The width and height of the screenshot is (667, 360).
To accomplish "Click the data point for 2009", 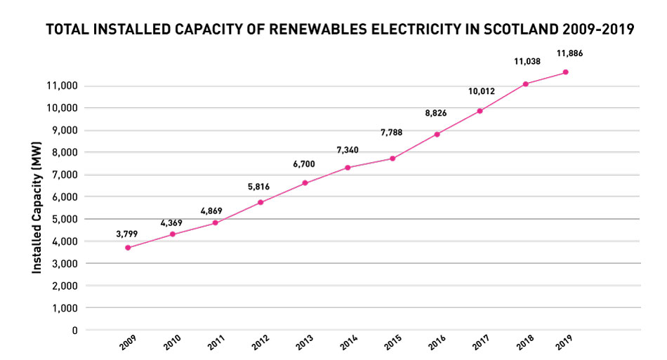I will coord(128,248).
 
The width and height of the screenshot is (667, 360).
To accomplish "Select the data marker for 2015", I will coord(392,159).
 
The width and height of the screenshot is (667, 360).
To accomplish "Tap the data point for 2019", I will coord(565,72).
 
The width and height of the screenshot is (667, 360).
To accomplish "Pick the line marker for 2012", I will coord(260,202).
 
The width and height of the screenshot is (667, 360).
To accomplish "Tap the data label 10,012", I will coord(483,91).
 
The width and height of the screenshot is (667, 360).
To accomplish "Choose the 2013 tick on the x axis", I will coord(304,342).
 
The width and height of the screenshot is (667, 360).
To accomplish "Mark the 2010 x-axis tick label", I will coord(173,342).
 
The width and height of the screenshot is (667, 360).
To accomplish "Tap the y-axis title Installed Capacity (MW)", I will coord(37,208).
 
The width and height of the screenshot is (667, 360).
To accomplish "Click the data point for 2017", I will coord(480,111).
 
